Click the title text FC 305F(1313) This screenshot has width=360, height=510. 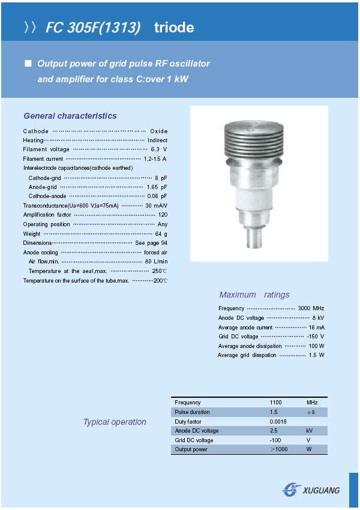(x=93, y=28)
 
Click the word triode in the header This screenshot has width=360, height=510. (x=174, y=28)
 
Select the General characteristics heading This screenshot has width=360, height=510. (x=70, y=116)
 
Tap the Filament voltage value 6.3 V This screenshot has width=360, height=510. (x=159, y=149)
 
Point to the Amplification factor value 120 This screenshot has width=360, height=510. (x=163, y=215)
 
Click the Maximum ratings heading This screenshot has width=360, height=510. (x=254, y=295)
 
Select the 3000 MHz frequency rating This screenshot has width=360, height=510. (x=311, y=308)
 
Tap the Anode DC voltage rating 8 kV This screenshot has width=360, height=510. (x=318, y=318)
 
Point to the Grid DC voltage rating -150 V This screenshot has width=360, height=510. (x=315, y=337)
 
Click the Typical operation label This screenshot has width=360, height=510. (x=115, y=422)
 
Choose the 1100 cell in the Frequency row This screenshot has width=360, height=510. (x=275, y=403)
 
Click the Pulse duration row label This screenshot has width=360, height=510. (x=192, y=412)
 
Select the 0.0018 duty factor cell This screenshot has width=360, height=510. (x=278, y=421)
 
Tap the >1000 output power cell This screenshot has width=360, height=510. (x=279, y=449)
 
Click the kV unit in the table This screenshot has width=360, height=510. (x=309, y=431)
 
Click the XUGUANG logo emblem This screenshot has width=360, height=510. (x=292, y=490)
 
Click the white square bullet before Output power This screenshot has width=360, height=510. (x=27, y=64)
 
